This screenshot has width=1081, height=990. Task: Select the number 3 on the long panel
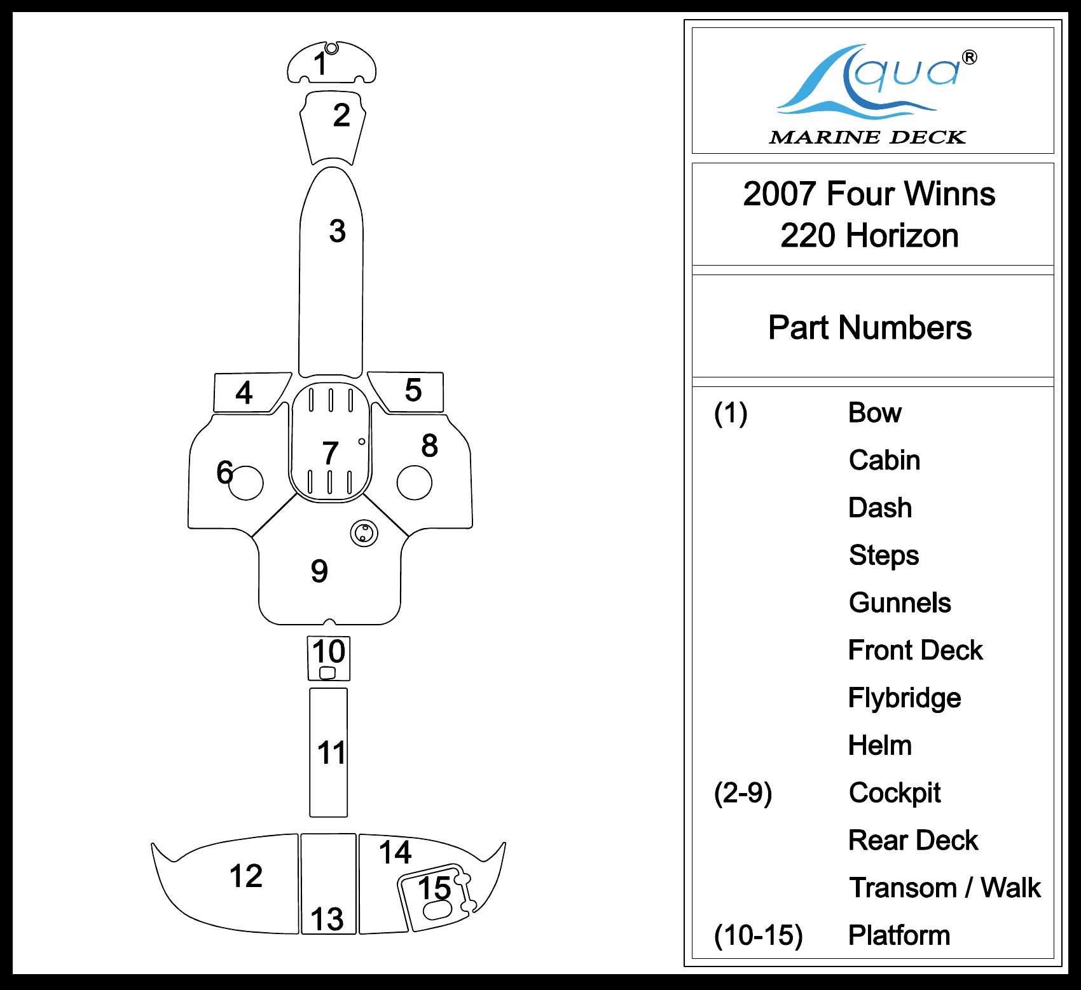(337, 231)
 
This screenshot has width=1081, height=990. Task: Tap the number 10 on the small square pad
(329, 652)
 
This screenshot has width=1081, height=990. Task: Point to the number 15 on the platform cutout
(434, 888)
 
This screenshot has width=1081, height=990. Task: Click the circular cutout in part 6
(245, 482)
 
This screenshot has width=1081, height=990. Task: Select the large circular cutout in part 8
(414, 482)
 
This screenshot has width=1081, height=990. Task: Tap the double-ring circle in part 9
(364, 533)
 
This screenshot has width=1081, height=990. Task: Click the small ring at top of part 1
(331, 48)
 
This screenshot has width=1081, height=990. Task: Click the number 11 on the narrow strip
(331, 753)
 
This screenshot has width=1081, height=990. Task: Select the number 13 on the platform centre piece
(327, 919)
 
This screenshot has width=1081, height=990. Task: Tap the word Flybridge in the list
(904, 698)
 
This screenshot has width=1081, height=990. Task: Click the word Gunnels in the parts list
(900, 603)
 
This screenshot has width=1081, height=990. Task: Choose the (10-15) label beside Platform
(758, 935)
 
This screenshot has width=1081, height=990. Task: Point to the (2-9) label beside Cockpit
(743, 793)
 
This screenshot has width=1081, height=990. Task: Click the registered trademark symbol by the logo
(970, 58)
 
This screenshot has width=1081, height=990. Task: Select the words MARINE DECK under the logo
(867, 137)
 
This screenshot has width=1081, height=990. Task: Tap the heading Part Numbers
(869, 328)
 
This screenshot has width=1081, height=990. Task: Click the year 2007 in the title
(779, 194)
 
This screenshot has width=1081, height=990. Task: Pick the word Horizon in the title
(902, 236)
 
